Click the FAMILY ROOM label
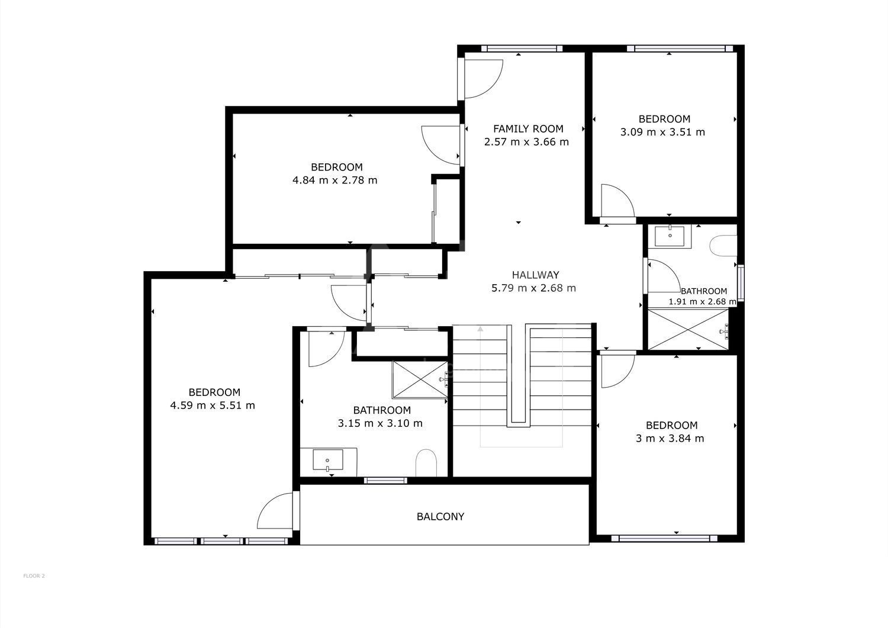click(x=528, y=129)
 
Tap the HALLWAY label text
click(x=535, y=275)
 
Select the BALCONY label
click(x=440, y=517)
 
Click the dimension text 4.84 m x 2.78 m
click(x=334, y=181)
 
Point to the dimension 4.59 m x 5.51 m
click(x=213, y=405)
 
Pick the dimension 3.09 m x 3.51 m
click(x=662, y=132)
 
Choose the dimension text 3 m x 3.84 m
click(x=670, y=439)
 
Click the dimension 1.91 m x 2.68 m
click(x=702, y=302)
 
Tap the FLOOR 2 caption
click(x=34, y=576)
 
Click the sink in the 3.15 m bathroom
click(x=328, y=460)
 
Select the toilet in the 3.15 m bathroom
click(x=426, y=463)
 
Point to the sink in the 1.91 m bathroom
click(x=670, y=236)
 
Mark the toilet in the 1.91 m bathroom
click(x=724, y=246)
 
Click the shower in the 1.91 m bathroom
click(x=688, y=330)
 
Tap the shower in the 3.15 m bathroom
click(x=420, y=379)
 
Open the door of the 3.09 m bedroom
click(x=617, y=201)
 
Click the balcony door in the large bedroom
click(x=276, y=511)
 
